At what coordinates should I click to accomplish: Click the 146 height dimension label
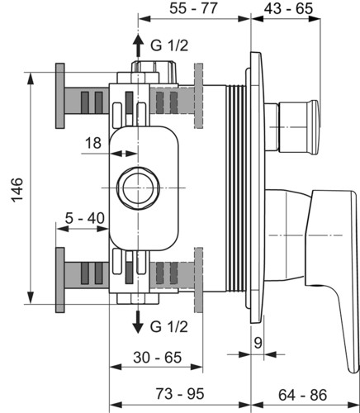tap(17, 190)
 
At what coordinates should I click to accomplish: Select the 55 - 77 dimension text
tap(193, 8)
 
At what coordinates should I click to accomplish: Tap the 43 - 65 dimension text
tap(288, 8)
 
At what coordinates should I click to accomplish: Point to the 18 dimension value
tap(93, 143)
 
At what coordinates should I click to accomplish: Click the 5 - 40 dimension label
tap(85, 218)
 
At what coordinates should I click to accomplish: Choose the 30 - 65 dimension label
tap(158, 358)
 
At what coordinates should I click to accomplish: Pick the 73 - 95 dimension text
tap(180, 393)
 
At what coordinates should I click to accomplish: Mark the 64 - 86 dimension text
tap(302, 395)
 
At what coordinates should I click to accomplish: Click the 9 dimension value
tap(258, 343)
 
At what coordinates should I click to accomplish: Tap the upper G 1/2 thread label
tap(169, 45)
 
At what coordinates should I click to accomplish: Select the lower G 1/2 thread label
tap(169, 326)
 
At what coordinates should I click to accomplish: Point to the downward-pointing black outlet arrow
tap(138, 322)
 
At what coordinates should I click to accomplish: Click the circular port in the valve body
tap(138, 188)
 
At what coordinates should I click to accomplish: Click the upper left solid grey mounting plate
tap(60, 96)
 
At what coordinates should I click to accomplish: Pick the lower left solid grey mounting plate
tap(60, 280)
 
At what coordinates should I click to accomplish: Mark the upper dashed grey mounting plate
tap(198, 96)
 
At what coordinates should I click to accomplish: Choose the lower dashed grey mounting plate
tap(198, 280)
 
